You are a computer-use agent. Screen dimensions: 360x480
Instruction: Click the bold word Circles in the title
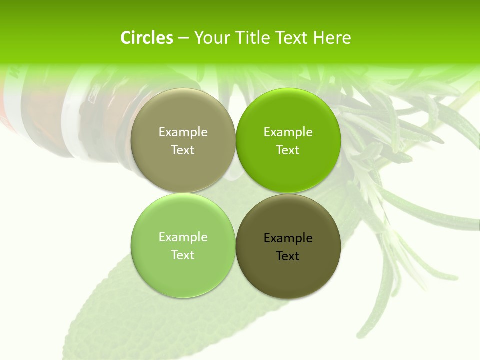click(x=147, y=38)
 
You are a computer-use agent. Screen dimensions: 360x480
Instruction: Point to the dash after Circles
click(x=183, y=38)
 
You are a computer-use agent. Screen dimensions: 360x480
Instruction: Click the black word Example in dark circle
click(x=288, y=238)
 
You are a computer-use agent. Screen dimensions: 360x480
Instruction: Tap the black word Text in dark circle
click(x=288, y=256)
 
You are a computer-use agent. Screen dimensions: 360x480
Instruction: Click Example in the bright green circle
click(x=288, y=132)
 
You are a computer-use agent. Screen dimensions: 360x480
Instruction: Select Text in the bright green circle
click(x=288, y=150)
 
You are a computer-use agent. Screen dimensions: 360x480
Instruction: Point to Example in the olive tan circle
click(x=183, y=132)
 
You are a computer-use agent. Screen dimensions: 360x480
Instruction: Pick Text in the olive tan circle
click(x=183, y=150)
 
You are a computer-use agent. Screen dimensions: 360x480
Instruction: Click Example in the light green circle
click(x=183, y=237)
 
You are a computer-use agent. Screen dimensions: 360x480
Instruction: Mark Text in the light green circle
click(x=183, y=255)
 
